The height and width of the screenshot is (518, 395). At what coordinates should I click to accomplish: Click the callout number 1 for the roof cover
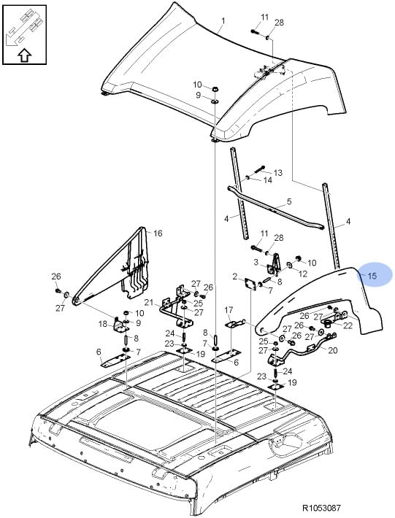click(223, 21)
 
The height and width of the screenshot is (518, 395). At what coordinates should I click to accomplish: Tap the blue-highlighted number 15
click(372, 276)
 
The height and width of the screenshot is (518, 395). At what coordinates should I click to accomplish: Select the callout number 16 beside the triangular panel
click(158, 233)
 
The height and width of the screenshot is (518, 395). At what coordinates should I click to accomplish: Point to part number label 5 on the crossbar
click(289, 201)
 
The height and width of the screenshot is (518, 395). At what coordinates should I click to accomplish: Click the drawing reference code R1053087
click(321, 508)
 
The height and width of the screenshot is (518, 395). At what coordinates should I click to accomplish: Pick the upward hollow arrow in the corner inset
click(24, 55)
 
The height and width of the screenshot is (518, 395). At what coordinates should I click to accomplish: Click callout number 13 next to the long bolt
click(277, 172)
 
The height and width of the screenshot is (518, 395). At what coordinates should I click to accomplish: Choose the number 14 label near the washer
click(268, 180)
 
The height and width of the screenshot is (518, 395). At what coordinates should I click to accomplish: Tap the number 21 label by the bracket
click(149, 302)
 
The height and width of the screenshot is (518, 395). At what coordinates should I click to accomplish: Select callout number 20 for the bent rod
click(332, 350)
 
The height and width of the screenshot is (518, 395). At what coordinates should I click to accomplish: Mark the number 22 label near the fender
click(348, 325)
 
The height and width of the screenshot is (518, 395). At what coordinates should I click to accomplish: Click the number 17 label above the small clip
click(229, 310)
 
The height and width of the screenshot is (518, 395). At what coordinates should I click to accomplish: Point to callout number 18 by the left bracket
click(103, 324)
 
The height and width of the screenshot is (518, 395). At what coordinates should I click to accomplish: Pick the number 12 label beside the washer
click(303, 274)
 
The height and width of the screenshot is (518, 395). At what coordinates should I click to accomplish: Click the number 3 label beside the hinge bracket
click(256, 263)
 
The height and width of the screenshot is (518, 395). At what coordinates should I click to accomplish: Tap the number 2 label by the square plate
click(235, 277)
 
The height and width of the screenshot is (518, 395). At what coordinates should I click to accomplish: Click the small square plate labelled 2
click(250, 285)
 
